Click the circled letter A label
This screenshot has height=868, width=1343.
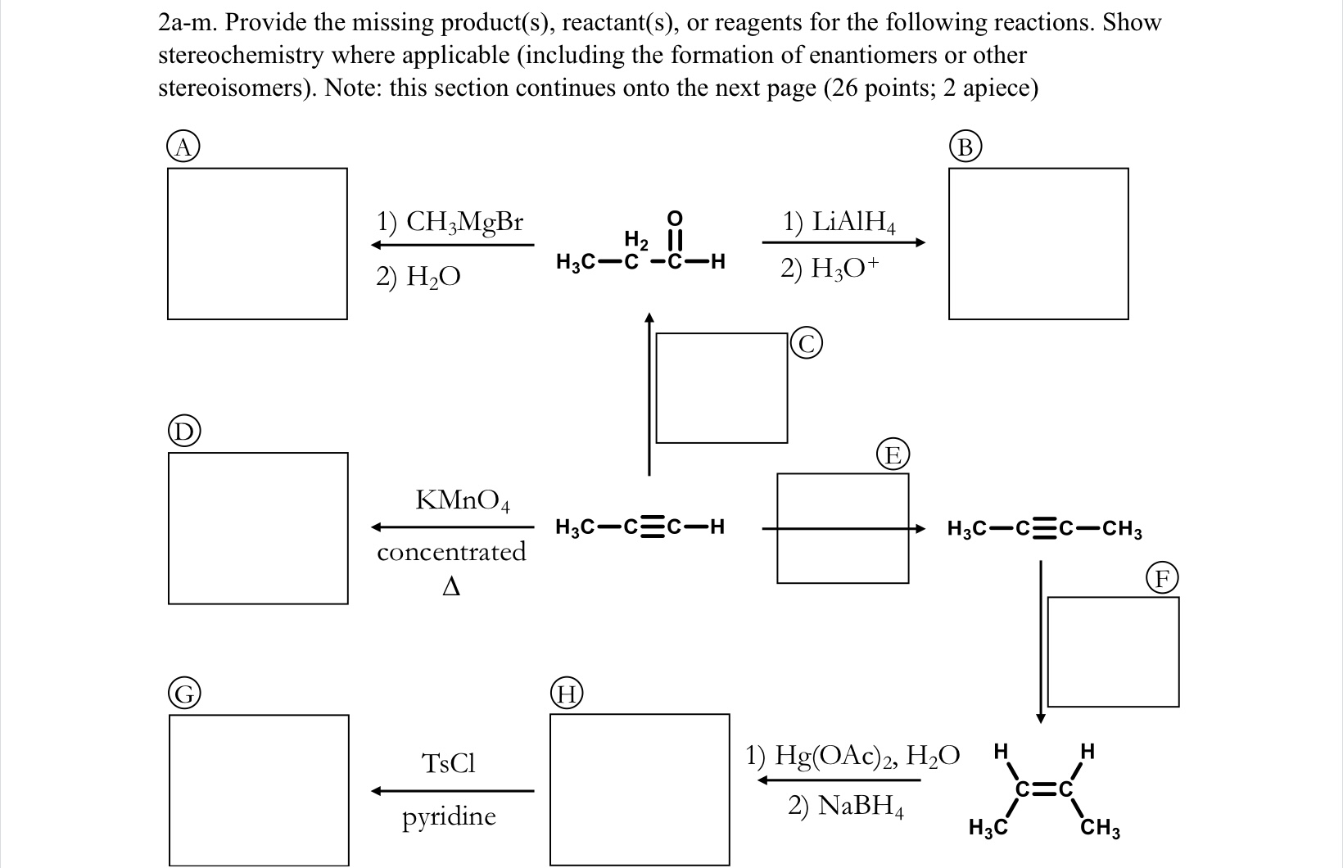(x=184, y=147)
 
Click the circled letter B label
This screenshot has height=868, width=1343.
(x=965, y=147)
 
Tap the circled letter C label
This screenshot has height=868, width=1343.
(x=807, y=345)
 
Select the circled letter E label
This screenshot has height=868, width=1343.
(x=893, y=454)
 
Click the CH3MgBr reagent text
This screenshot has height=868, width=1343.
(x=449, y=222)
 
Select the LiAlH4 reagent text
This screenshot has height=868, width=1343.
(x=840, y=223)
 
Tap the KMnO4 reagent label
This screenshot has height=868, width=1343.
(x=463, y=500)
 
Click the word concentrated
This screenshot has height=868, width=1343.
(x=451, y=552)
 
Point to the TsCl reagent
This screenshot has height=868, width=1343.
(x=448, y=763)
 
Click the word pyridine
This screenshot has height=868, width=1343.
(x=449, y=816)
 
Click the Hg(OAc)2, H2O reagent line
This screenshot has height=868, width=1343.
(x=852, y=753)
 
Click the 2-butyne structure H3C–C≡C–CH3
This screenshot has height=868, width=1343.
(x=1044, y=529)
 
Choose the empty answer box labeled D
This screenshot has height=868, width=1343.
(x=258, y=528)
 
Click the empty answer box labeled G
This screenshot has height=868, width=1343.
(x=258, y=789)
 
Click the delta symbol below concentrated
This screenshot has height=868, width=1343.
(x=450, y=587)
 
